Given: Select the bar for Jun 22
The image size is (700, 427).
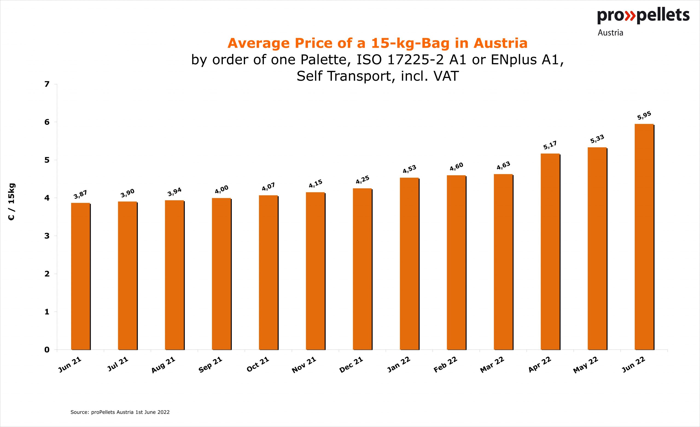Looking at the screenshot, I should pyautogui.click(x=644, y=237).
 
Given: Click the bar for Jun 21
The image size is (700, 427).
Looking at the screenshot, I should pyautogui.click(x=80, y=276).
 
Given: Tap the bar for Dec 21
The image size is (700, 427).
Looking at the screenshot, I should pyautogui.click(x=362, y=269).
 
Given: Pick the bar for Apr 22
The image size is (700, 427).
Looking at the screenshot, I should pyautogui.click(x=550, y=252).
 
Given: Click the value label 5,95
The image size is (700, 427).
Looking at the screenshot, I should pyautogui.click(x=644, y=116).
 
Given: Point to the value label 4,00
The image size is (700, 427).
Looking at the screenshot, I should pyautogui.click(x=221, y=189).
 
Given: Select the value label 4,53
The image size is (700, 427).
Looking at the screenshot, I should pyautogui.click(x=409, y=169).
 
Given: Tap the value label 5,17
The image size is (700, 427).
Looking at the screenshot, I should pyautogui.click(x=550, y=145).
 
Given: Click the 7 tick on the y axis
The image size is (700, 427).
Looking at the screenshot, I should pyautogui.click(x=47, y=84).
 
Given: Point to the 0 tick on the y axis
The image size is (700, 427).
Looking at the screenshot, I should pyautogui.click(x=47, y=350).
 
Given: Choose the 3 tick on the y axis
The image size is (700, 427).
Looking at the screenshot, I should pyautogui.click(x=47, y=236).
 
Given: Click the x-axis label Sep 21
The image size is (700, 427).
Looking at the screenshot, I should pyautogui.click(x=210, y=365).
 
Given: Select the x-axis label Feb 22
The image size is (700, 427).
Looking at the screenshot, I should pyautogui.click(x=445, y=365).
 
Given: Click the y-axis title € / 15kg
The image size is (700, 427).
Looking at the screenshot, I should pyautogui.click(x=12, y=202).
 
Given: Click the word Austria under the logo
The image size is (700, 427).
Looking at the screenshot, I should pyautogui.click(x=610, y=33).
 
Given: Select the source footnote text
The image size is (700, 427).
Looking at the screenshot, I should pyautogui.click(x=120, y=412).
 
